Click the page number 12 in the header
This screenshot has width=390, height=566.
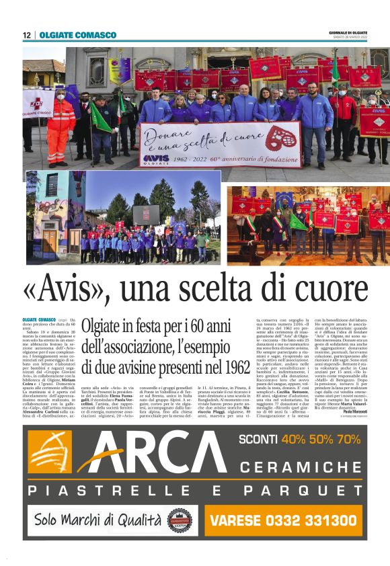(26, 35)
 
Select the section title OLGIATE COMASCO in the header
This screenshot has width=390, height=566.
(77, 35)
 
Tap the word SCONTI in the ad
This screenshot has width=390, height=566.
(258, 440)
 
